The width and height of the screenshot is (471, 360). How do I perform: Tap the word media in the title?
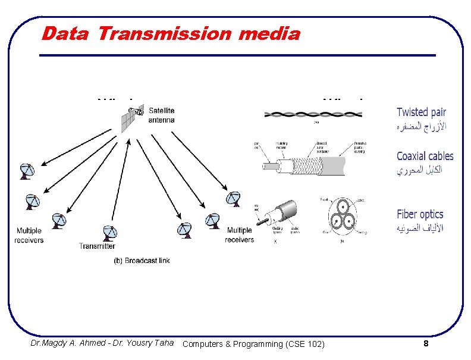(269, 33)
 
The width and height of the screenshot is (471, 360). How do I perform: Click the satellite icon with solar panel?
(132, 117)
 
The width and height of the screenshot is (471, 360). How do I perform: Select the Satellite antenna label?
(162, 115)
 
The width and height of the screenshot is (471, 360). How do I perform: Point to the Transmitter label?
(97, 246)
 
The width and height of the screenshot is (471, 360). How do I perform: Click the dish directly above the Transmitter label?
(109, 233)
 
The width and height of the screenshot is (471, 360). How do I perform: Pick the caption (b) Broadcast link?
(142, 261)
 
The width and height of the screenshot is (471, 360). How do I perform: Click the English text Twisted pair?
(421, 112)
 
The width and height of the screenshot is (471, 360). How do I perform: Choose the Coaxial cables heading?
(425, 156)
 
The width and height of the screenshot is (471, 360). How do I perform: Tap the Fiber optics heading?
(420, 214)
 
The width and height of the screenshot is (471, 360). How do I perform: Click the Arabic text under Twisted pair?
(422, 126)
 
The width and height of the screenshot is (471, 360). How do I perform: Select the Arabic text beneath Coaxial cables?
(419, 170)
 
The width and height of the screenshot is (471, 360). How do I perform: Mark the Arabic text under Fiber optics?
(420, 228)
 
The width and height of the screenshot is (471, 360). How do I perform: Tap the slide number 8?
(426, 344)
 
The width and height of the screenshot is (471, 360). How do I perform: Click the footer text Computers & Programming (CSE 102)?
(254, 344)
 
